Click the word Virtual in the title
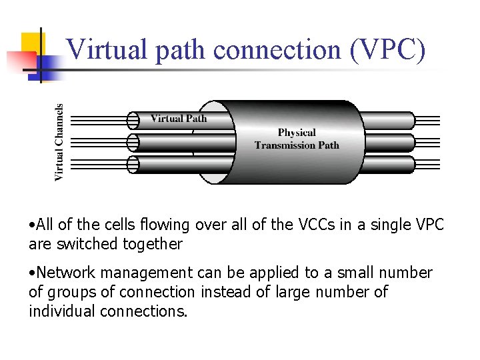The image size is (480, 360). pyautogui.click(x=107, y=49)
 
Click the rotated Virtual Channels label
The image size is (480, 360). pyautogui.click(x=59, y=141)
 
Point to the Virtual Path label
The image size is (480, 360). pyautogui.click(x=179, y=119)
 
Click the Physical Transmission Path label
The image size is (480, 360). pyautogui.click(x=297, y=139)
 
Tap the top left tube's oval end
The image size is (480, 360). pyautogui.click(x=133, y=121)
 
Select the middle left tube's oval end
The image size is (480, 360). pyautogui.click(x=133, y=142)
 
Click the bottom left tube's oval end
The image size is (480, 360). pyautogui.click(x=133, y=164)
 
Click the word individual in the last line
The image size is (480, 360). pyautogui.click(x=62, y=311)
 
